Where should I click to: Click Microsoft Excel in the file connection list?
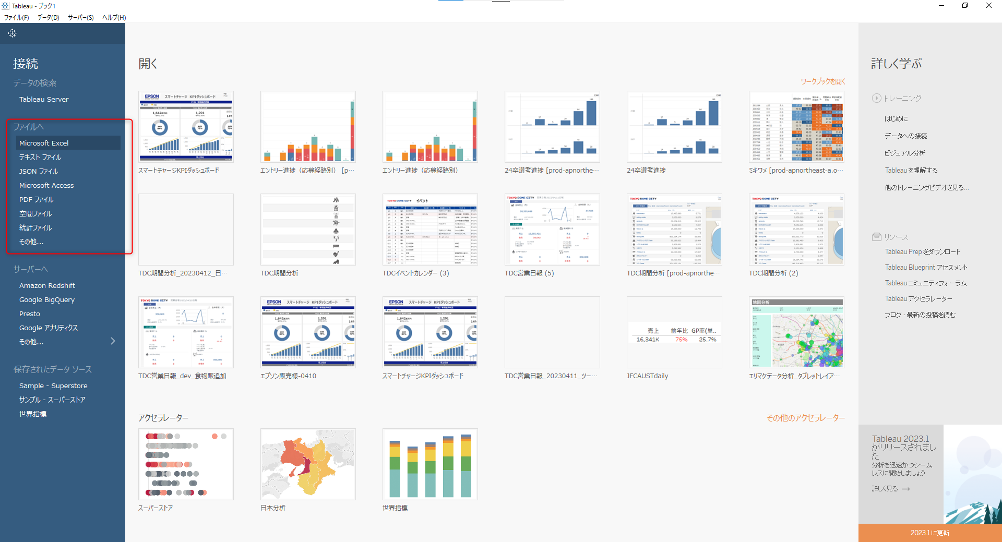click(44, 143)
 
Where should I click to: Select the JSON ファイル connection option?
click(39, 171)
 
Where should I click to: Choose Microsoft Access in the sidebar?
click(46, 185)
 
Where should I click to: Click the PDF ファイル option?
click(37, 199)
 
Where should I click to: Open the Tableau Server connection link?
click(44, 99)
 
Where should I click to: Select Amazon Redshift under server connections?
click(47, 285)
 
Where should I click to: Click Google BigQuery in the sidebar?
click(47, 299)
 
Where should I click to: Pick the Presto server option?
click(30, 314)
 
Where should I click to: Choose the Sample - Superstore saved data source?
click(53, 386)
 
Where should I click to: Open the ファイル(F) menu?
click(17, 17)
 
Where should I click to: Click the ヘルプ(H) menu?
click(114, 17)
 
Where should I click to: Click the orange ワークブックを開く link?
click(822, 81)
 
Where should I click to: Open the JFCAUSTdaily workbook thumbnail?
click(674, 332)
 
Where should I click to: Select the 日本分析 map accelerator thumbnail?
click(308, 464)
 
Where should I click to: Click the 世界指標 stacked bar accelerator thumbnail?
click(430, 464)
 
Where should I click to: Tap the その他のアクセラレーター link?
click(805, 418)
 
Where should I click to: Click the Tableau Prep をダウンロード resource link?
click(922, 251)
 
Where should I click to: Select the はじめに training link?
click(896, 118)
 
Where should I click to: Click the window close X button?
click(988, 6)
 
